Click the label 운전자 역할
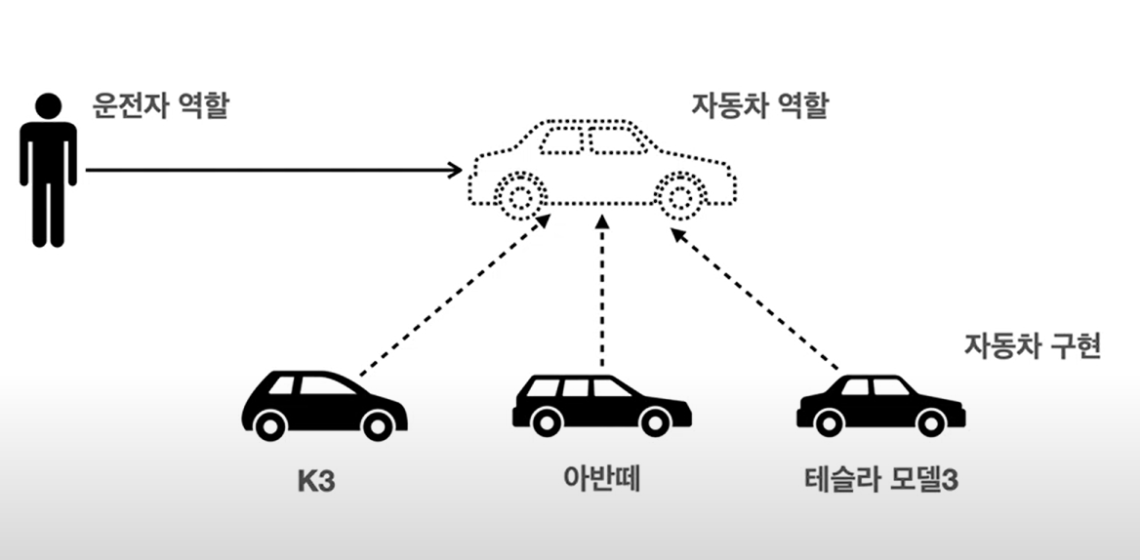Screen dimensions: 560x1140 [160, 104]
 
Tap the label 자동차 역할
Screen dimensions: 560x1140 [759, 104]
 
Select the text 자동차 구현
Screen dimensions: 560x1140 [1033, 346]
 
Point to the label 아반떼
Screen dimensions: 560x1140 [601, 481]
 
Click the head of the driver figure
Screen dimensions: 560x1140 [48, 105]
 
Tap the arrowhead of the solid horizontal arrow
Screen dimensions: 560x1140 [456, 171]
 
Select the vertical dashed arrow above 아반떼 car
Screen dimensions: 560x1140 [602, 293]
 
